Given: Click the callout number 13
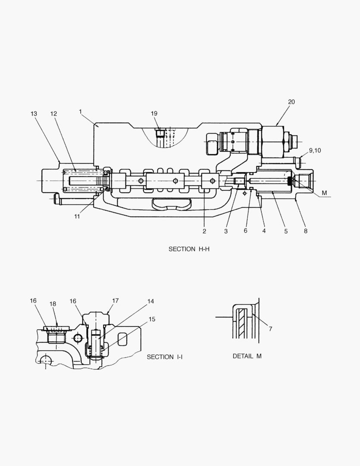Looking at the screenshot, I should tap(34, 113).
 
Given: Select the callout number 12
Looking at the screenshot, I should tap(53, 113).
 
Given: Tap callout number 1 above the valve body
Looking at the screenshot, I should tap(81, 111).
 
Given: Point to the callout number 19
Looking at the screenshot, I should tap(154, 113).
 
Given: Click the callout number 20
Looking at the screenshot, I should tap(291, 102).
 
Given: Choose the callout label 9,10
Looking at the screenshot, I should tap(315, 150).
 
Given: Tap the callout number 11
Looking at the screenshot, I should tap(77, 217).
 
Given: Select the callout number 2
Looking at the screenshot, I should tap(204, 231).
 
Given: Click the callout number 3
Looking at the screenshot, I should tap(225, 231).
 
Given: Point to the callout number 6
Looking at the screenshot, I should tap(245, 231).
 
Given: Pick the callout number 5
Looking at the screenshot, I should tap(285, 231).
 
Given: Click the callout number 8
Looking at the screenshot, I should tap(305, 231).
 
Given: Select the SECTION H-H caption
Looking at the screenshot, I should tap(189, 249).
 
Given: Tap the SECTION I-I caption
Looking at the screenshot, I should tap(165, 357).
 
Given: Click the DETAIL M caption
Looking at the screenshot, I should tap(247, 356).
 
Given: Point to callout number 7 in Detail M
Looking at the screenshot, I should tap(270, 329).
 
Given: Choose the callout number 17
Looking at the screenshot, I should tap(115, 301).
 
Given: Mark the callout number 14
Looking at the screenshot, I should tap(150, 301).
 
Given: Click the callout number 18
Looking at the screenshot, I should tap(53, 304).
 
